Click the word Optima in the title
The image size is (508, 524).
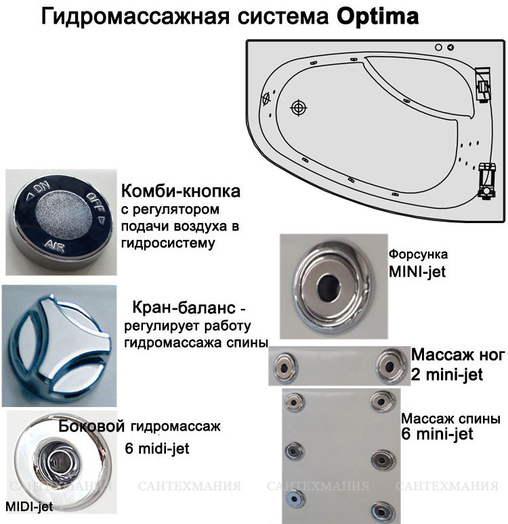[377, 17]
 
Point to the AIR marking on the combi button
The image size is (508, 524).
[55, 247]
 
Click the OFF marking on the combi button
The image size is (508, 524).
[96, 204]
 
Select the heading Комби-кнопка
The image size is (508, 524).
[181, 191]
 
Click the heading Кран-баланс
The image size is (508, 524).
[184, 307]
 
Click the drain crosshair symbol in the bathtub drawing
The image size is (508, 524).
[299, 108]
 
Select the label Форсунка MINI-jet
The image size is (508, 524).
[418, 263]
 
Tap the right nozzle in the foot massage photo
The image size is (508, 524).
[389, 366]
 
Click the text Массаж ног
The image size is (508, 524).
[457, 355]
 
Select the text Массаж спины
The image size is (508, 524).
[450, 419]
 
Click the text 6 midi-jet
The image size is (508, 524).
[157, 448]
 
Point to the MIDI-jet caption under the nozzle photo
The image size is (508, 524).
[30, 506]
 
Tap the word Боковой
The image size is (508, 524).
[91, 427]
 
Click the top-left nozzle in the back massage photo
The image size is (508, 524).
[295, 402]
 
